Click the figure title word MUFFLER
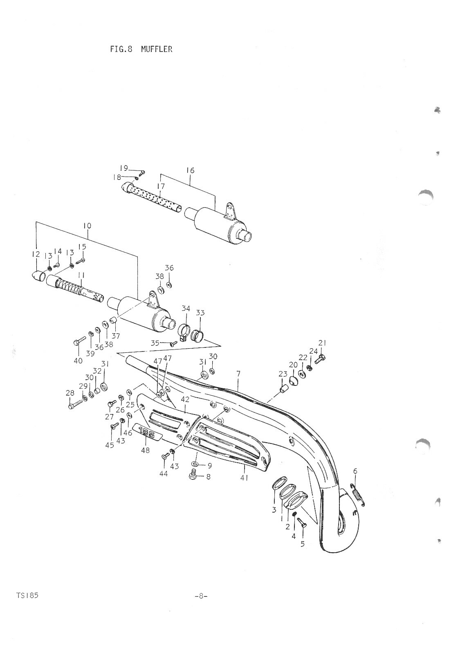tap(157, 49)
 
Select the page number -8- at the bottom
tap(201, 596)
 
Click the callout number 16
tap(190, 170)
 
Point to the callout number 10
tap(87, 226)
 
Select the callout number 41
tap(244, 477)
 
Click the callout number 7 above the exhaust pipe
tap(238, 374)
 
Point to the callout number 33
tap(200, 313)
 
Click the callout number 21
tap(322, 343)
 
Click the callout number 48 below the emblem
tap(145, 450)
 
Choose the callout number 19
tap(124, 168)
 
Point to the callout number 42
tap(185, 399)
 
